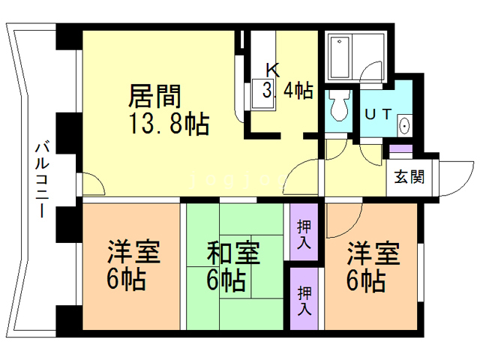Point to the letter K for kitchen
(273, 70)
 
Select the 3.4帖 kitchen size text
(286, 91)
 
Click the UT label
(377, 114)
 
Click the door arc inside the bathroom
(370, 73)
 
